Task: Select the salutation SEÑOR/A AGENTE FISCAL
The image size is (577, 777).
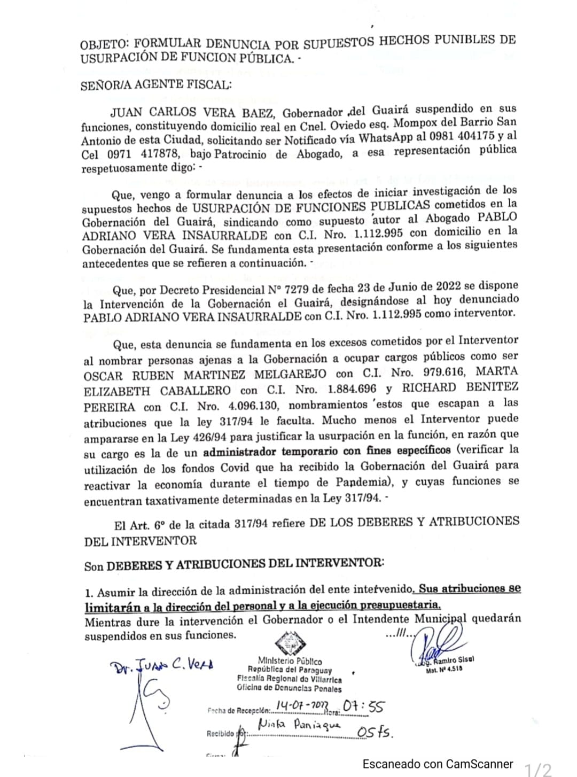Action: pyautogui.click(x=156, y=84)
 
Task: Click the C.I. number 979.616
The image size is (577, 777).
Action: pyautogui.click(x=442, y=371)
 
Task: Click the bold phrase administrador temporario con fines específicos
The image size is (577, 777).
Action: pyautogui.click(x=326, y=451)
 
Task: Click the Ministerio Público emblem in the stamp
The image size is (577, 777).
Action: pyautogui.click(x=290, y=643)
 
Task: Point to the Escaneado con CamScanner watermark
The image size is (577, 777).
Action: pyautogui.click(x=438, y=764)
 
